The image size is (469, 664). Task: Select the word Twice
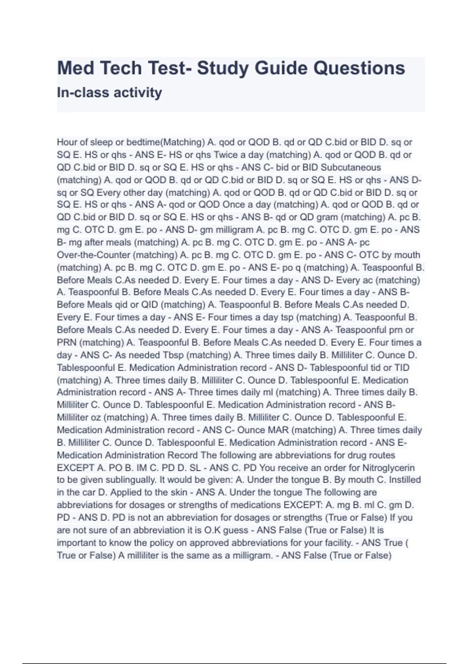click(227, 155)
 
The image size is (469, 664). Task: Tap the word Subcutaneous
click(351, 167)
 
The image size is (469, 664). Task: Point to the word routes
click(379, 455)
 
